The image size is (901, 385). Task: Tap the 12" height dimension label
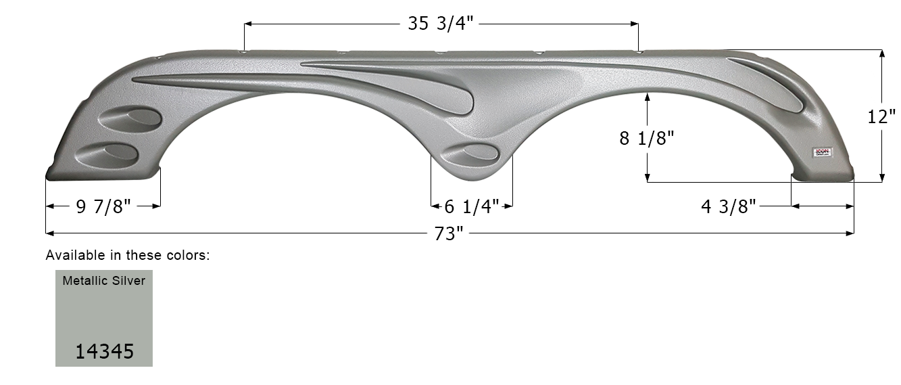pos(881,116)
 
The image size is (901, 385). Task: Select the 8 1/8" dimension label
pos(647,138)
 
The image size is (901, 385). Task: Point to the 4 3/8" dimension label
pos(729,206)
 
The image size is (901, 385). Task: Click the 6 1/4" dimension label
pos(472,206)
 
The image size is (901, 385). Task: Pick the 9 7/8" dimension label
pos(103,206)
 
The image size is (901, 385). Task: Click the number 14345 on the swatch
pos(104,352)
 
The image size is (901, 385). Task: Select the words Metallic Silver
pos(104,280)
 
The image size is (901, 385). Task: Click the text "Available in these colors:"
pos(128,256)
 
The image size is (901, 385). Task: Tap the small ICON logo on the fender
pos(824,153)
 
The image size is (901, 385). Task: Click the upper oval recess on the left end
pos(130,119)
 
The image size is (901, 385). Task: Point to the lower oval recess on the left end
pos(107,154)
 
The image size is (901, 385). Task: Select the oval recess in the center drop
pos(471,154)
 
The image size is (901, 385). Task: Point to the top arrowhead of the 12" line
pos(881,53)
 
